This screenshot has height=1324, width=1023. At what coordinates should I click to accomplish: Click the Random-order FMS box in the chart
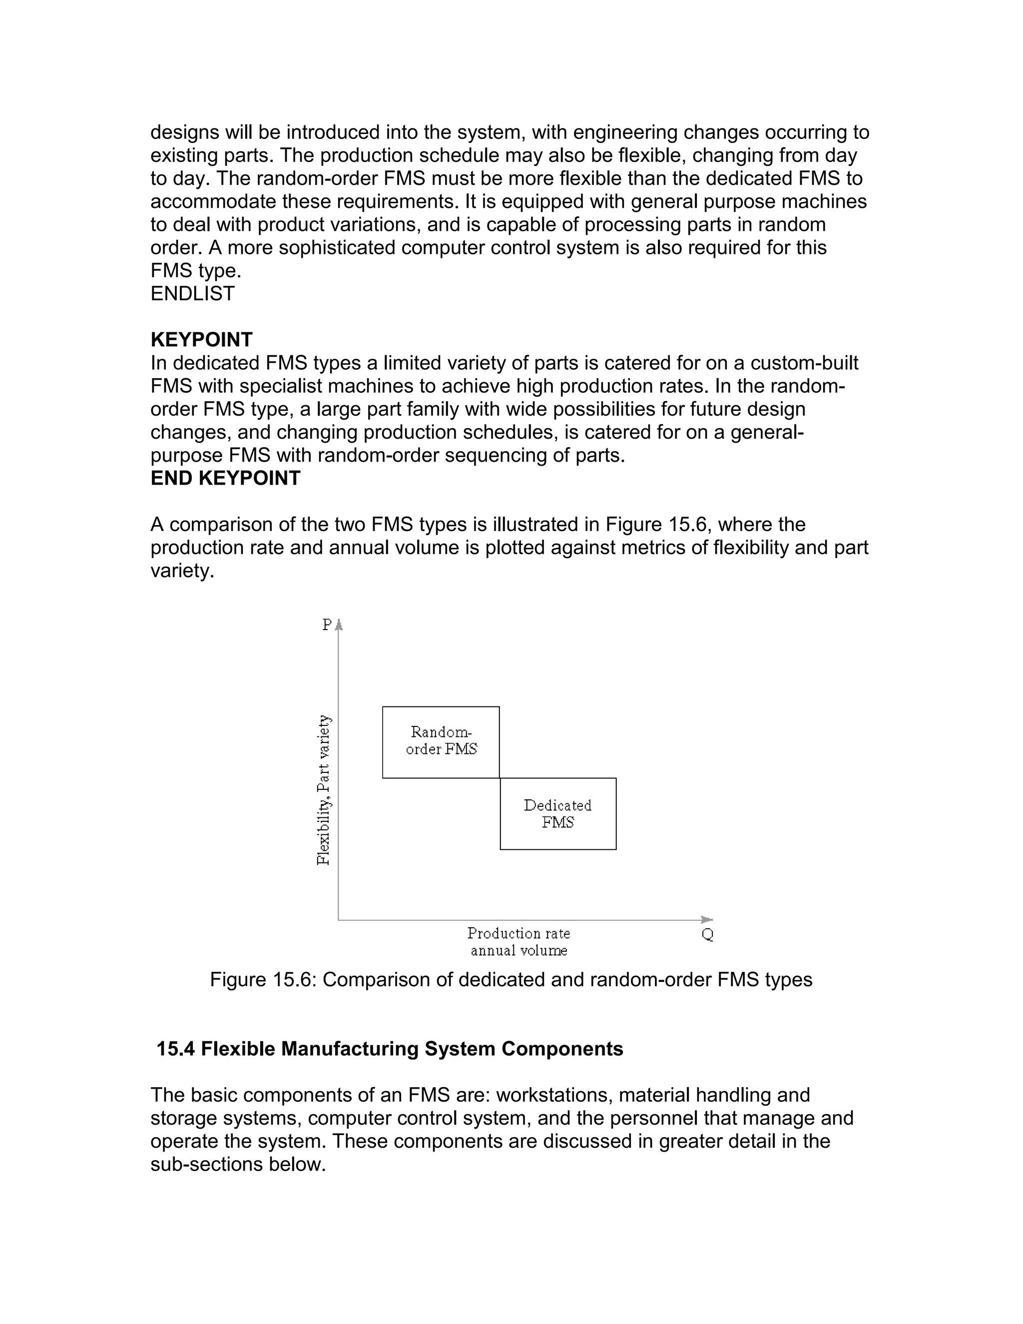441,741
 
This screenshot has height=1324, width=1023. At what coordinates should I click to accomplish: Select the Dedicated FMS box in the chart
557,813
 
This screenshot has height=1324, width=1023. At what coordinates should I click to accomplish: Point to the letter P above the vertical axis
327,625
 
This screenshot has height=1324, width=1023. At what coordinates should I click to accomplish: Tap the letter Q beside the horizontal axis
707,934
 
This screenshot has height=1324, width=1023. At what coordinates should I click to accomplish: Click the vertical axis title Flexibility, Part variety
324,790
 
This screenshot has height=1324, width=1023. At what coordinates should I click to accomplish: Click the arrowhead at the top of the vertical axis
339,624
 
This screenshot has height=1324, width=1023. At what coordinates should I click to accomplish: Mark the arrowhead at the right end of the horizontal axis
707,920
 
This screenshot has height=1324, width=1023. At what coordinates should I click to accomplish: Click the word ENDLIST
192,293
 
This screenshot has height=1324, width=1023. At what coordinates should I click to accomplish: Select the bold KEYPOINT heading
201,339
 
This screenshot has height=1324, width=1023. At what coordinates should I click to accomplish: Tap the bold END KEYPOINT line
225,478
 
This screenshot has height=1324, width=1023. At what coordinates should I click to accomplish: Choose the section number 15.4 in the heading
176,1049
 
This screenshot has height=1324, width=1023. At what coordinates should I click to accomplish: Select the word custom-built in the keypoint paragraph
804,363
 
